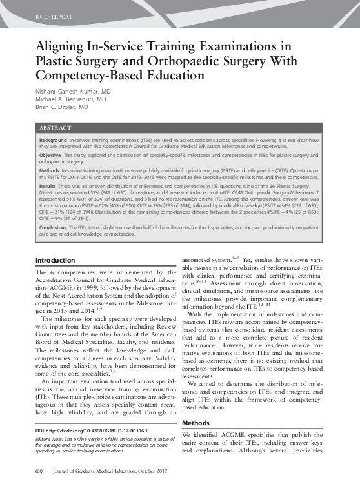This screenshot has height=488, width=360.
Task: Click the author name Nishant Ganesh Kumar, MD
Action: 72,92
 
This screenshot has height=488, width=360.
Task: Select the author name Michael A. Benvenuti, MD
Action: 70,100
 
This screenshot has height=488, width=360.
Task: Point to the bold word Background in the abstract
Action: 53,140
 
